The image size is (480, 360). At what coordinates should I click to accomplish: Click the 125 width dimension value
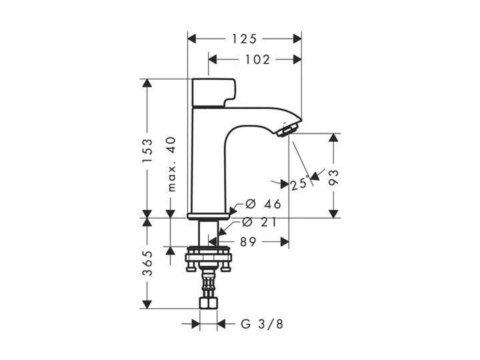pos(244,39)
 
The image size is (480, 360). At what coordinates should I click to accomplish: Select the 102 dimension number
pos(257,60)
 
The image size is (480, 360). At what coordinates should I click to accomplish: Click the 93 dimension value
pos(334,177)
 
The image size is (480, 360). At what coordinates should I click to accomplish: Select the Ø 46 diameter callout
pos(263,204)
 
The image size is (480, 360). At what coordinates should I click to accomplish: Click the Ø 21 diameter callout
pos(259,222)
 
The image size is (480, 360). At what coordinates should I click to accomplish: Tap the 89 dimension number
pos(248,242)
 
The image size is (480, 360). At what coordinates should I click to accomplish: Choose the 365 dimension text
pos(147,263)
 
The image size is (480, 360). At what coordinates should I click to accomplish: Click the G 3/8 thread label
pos(262,324)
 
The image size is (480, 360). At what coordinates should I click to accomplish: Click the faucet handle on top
pos(213,92)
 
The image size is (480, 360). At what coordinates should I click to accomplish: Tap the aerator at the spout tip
pos(289,129)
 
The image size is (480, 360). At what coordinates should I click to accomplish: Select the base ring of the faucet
pos(208,216)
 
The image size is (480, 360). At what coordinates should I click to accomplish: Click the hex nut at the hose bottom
pos(208,303)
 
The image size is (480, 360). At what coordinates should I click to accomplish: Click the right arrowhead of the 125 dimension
pos(297,39)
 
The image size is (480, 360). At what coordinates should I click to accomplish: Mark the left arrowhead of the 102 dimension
pos(212,59)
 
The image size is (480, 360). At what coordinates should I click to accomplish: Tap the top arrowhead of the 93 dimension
pos(334,137)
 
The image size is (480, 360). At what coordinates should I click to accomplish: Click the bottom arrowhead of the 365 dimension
pos(147,304)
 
